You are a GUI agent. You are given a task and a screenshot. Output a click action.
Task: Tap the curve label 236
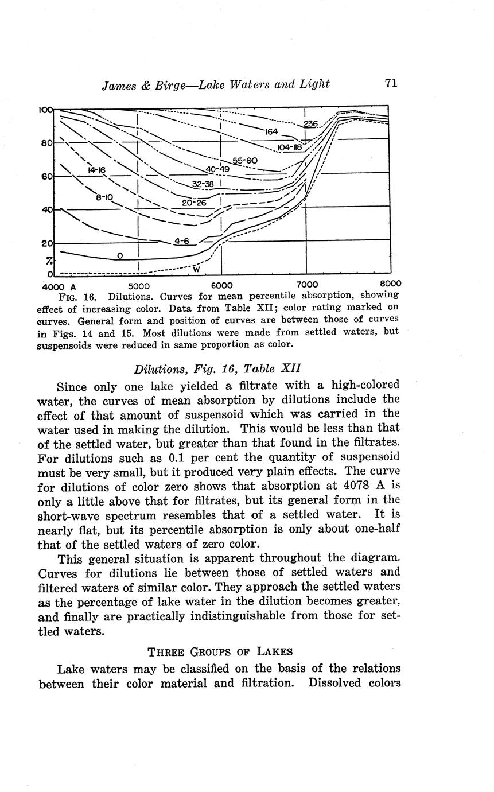coord(310,124)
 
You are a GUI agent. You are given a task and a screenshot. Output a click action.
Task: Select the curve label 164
coord(271,132)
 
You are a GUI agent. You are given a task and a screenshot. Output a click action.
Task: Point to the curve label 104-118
coord(289,147)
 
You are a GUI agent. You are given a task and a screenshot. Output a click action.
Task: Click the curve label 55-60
coord(245,160)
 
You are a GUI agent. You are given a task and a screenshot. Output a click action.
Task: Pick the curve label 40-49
coord(217,169)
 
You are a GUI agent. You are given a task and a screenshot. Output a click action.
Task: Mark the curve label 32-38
coord(203,184)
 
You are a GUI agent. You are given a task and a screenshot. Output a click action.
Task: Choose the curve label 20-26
coord(193,203)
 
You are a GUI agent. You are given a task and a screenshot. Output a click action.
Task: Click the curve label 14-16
coord(96,170)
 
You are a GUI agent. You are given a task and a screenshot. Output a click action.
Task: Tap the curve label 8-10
coord(104,197)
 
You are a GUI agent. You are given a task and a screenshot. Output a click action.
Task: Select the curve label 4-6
coord(181,241)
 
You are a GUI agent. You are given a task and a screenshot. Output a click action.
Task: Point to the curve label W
coord(196,269)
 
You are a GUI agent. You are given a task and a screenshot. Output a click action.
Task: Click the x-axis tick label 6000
coord(221,285)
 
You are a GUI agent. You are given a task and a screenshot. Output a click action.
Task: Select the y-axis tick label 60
coord(46,177)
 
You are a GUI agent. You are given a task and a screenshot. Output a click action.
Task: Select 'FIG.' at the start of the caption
coord(69,297)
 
